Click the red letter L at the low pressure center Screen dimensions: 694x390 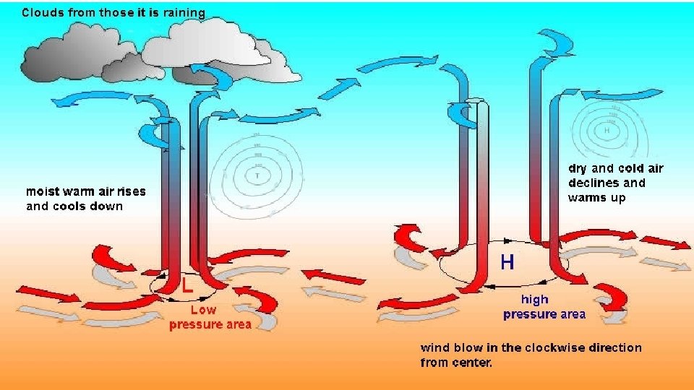[x=187, y=284]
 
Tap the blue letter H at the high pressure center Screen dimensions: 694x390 [x=507, y=261]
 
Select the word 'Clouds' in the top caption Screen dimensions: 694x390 [x=42, y=12]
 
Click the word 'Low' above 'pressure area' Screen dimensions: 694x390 [x=203, y=309]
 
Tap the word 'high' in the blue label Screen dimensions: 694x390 [x=535, y=299]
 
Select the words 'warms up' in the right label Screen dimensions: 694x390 [x=596, y=197]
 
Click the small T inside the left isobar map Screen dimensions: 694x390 [x=257, y=174]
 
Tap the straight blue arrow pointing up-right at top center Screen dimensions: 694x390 [x=343, y=87]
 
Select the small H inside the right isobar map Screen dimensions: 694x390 [x=606, y=131]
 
